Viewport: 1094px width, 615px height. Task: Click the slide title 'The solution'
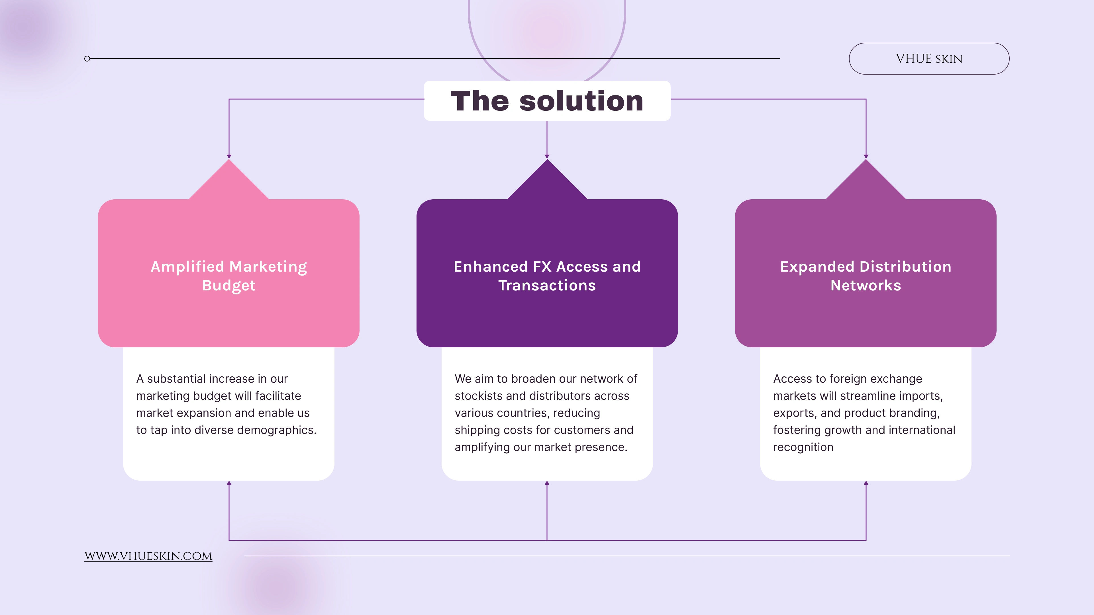pyautogui.click(x=547, y=101)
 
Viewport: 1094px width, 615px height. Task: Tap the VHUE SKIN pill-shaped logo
pyautogui.click(x=929, y=59)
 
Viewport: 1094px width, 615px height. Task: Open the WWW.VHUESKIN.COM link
pyautogui.click(x=148, y=556)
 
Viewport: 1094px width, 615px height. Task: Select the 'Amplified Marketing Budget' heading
pyautogui.click(x=229, y=276)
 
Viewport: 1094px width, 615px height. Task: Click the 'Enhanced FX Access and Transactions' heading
pyautogui.click(x=547, y=276)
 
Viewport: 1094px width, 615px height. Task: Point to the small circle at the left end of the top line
pyautogui.click(x=87, y=59)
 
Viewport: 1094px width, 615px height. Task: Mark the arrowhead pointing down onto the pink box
pyautogui.click(x=229, y=157)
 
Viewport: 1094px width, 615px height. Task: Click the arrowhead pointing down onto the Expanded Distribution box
pyautogui.click(x=866, y=157)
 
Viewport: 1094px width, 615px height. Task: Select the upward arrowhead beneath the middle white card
pyautogui.click(x=547, y=483)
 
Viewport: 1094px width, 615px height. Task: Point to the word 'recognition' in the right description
pyautogui.click(x=803, y=447)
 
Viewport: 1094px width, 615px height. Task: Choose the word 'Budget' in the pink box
pyautogui.click(x=229, y=286)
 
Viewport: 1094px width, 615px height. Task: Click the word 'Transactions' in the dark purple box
pyautogui.click(x=547, y=286)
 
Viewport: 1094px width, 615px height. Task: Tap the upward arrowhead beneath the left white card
pyautogui.click(x=229, y=483)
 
